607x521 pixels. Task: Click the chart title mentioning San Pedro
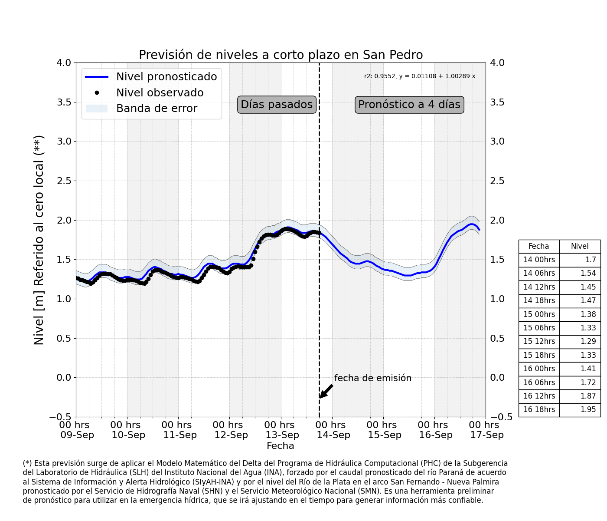[x=281, y=55]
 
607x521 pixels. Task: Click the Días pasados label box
[x=277, y=104]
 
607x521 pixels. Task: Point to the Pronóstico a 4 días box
[x=409, y=104]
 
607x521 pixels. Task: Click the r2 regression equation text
[x=419, y=76]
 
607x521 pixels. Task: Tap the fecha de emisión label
[x=373, y=378]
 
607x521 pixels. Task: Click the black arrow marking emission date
[x=326, y=391]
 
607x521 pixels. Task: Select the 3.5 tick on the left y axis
[x=64, y=102]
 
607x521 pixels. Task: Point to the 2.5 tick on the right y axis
[x=497, y=181]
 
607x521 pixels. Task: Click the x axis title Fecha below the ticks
[x=280, y=446]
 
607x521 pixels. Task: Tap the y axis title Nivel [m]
[x=39, y=240]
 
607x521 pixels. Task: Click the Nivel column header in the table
[x=579, y=246]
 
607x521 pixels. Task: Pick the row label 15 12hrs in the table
[x=539, y=341]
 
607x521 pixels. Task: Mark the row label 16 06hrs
[x=539, y=382]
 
